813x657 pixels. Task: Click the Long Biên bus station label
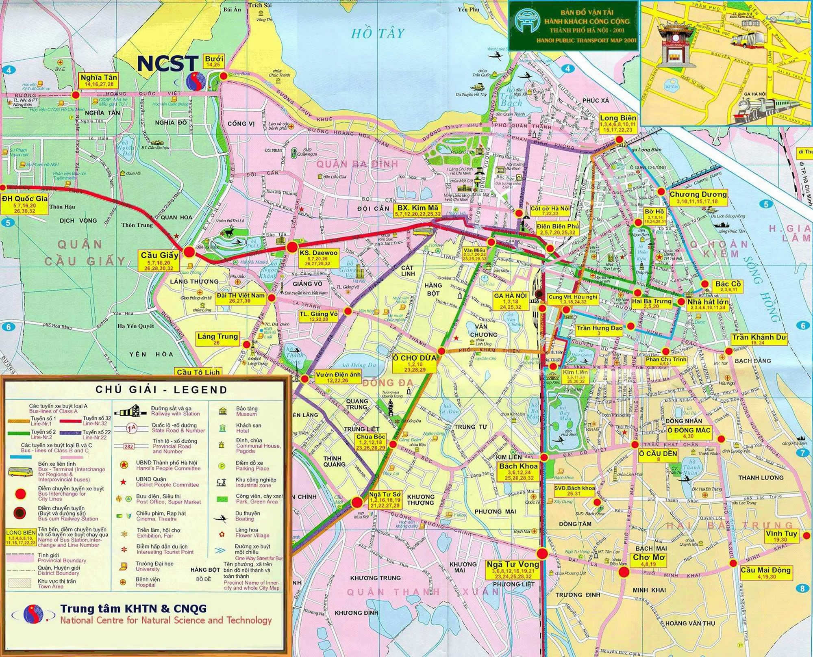tap(618, 124)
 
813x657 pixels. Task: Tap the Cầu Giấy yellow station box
tap(160, 260)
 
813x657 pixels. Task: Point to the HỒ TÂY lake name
tap(378, 33)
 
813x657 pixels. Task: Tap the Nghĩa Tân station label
tap(99, 80)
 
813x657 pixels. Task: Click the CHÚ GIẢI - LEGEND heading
tap(161, 390)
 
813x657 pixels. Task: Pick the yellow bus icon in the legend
tap(20, 472)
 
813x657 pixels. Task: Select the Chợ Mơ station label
tap(649, 560)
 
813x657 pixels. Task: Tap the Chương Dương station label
tap(698, 197)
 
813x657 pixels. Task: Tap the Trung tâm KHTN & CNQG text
tap(133, 608)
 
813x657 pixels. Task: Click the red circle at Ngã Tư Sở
tap(357, 503)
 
